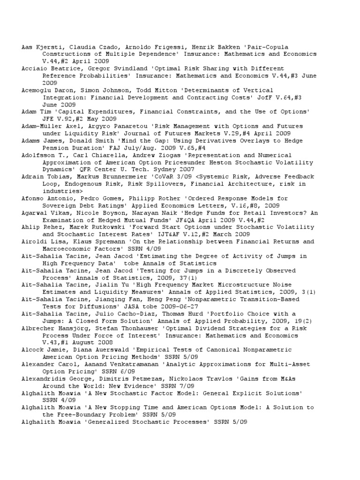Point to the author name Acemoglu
[36, 90]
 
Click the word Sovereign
[59, 205]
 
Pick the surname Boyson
[110, 213]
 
